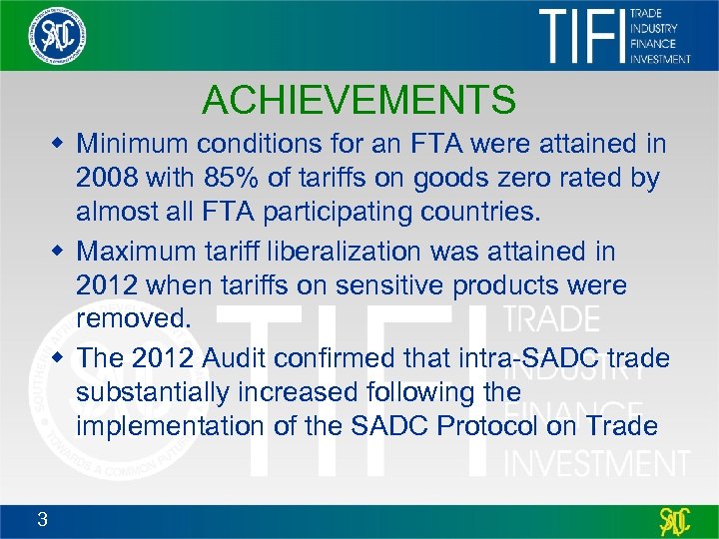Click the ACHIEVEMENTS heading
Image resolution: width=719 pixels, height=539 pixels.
[359, 100]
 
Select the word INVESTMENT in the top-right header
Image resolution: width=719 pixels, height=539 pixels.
[660, 59]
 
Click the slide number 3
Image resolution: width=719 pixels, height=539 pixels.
[41, 518]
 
